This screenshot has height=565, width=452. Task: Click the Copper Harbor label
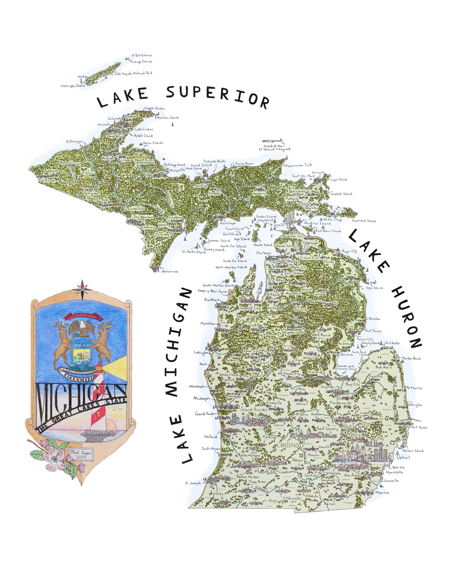(x=155, y=109)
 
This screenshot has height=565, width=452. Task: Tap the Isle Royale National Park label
(x=134, y=74)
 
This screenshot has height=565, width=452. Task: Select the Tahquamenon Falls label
(x=298, y=165)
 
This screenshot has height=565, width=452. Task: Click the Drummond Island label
(x=364, y=221)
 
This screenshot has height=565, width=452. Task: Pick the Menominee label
(x=170, y=272)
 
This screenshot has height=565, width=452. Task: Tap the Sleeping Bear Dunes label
(x=212, y=291)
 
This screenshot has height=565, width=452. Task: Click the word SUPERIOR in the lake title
(x=218, y=95)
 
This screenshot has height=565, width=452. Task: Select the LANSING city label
(x=288, y=445)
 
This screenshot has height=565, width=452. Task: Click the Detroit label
(x=403, y=457)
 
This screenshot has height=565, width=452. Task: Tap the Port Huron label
(x=419, y=427)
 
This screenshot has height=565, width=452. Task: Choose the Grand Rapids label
(x=254, y=409)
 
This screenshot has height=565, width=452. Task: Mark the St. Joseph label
(x=193, y=483)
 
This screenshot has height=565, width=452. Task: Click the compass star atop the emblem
(x=82, y=286)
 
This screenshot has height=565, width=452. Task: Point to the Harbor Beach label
(x=411, y=359)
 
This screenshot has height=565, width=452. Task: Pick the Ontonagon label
(x=74, y=142)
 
